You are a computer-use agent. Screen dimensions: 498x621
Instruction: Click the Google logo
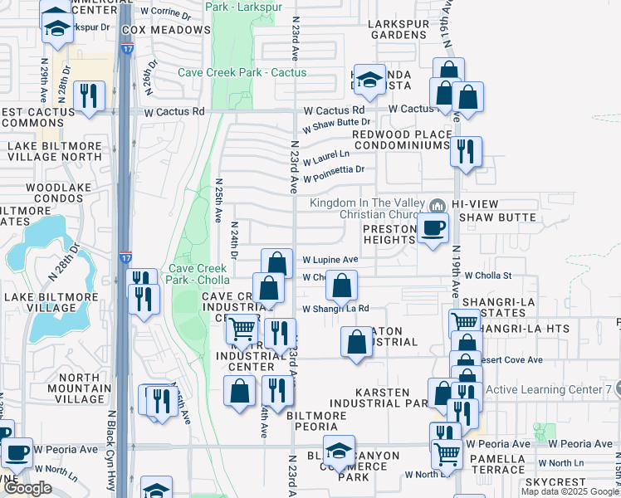[27, 488]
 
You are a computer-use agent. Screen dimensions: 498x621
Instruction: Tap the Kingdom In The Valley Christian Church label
[366, 211]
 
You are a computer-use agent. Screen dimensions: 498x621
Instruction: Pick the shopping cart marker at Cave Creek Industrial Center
[242, 330]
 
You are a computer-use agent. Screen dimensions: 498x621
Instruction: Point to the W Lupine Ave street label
[330, 259]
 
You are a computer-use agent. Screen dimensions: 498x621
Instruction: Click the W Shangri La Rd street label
[335, 309]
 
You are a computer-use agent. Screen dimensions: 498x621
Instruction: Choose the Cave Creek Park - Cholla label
[198, 273]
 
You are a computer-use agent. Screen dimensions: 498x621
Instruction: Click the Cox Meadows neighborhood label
[166, 30]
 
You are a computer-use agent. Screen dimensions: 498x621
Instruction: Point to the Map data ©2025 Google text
[570, 491]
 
